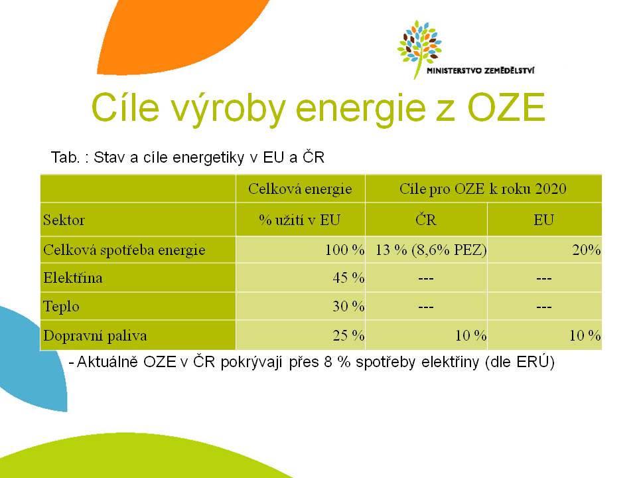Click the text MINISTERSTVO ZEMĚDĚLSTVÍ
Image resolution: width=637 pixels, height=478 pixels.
coord(480,71)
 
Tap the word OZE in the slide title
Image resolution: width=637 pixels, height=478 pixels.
coord(506,108)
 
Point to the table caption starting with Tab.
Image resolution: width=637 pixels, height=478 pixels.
coord(187,157)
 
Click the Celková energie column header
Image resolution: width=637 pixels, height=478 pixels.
coord(300,189)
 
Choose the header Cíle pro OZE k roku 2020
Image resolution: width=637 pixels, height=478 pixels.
coord(482,189)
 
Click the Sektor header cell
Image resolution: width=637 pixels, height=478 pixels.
coord(64,220)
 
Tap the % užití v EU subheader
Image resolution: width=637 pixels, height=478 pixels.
coord(300,220)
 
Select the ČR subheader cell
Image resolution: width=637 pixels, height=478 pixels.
coord(426,220)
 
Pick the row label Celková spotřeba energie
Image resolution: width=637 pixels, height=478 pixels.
coord(124,250)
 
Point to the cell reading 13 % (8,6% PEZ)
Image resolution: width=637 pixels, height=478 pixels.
coord(431,250)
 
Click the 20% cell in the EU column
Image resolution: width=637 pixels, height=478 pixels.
coord(586,250)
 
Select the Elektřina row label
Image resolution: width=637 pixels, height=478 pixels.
coord(73,278)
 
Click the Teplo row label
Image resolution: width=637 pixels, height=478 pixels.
coord(61,307)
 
